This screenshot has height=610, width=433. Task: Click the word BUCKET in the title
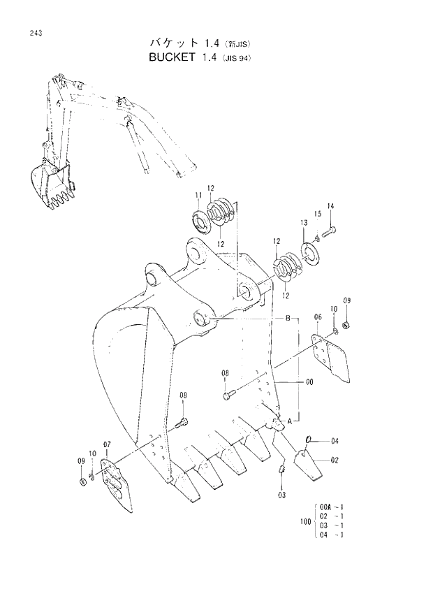click(171, 57)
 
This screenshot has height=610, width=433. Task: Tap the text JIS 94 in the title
click(235, 58)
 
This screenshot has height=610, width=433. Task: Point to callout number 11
click(198, 195)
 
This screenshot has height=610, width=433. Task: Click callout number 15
click(317, 214)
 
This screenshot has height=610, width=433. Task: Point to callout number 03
click(282, 495)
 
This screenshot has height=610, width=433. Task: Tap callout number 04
click(335, 441)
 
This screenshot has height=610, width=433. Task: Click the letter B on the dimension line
click(286, 318)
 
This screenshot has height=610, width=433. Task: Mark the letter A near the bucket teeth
click(288, 420)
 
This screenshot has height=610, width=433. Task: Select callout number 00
click(309, 382)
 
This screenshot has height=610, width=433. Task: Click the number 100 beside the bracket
click(304, 522)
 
